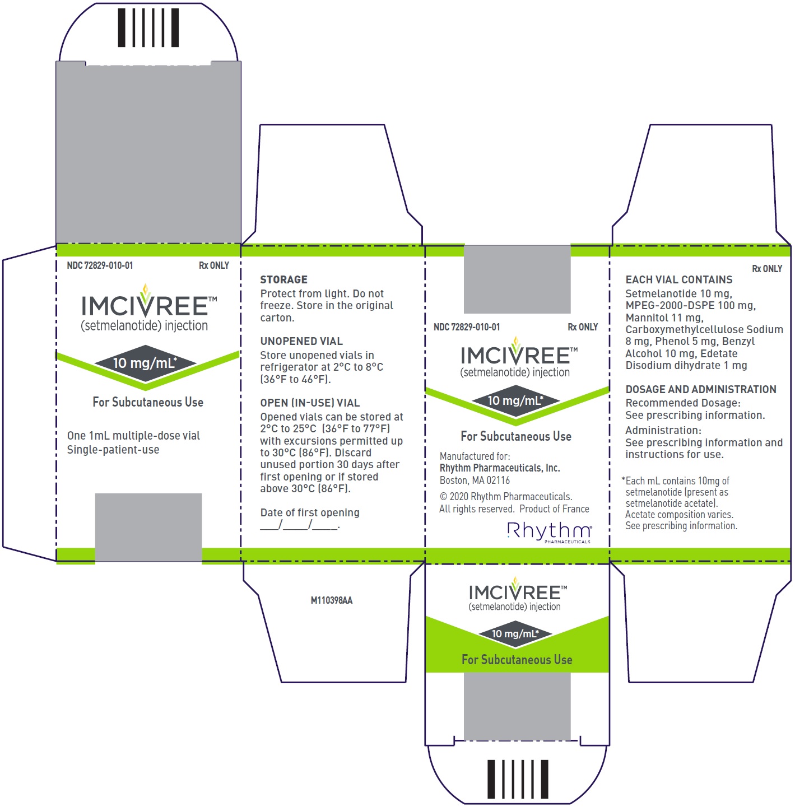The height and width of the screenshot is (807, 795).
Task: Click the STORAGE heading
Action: (283, 279)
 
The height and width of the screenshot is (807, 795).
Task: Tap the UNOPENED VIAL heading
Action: (301, 341)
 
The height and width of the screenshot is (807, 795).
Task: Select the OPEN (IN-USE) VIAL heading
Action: (310, 403)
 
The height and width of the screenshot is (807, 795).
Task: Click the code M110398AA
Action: (332, 600)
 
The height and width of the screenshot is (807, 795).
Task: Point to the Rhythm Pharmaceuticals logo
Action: (550, 532)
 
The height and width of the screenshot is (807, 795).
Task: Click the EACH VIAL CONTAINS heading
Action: (679, 279)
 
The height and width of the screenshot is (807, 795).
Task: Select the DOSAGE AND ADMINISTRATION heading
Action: (701, 389)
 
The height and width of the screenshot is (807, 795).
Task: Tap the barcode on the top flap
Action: (148, 27)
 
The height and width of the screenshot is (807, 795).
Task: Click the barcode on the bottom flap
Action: (518, 779)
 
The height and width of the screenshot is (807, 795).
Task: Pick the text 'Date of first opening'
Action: (310, 512)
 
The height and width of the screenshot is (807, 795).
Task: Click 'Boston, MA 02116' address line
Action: (475, 481)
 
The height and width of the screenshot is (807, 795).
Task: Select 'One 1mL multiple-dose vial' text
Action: (133, 436)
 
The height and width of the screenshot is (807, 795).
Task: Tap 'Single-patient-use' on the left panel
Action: (113, 449)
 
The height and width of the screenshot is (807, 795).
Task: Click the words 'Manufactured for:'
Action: (475, 456)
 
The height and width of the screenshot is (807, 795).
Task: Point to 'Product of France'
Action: (554, 509)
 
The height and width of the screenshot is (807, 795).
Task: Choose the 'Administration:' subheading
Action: (663, 430)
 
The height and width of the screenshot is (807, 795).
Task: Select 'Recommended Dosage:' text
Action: (683, 403)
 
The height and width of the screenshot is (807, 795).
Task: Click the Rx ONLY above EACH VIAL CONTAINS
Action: (767, 268)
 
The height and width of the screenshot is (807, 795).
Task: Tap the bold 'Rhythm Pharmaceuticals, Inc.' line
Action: (500, 468)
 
